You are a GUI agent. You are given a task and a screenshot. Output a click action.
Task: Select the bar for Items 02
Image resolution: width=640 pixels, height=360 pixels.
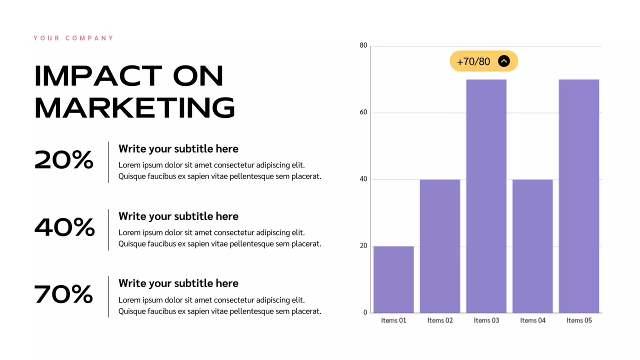(439, 246)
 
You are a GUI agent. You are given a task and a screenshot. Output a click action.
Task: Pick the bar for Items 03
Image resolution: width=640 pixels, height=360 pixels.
(486, 196)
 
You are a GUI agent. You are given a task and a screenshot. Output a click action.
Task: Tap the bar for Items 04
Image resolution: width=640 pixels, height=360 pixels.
(532, 246)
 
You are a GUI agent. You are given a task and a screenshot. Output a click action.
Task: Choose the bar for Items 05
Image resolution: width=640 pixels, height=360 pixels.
(578, 196)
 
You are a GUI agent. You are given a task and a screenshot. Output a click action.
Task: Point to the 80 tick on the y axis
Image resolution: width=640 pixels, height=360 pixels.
(363, 45)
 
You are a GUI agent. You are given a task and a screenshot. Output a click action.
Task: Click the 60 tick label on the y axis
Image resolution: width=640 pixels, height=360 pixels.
(363, 112)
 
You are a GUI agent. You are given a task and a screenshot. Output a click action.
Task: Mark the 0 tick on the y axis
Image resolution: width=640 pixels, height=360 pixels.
(365, 312)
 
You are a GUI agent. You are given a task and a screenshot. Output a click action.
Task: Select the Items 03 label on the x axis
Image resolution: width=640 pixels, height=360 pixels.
(486, 320)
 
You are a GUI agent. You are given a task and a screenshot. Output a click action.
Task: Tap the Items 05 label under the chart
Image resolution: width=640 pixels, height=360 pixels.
(578, 320)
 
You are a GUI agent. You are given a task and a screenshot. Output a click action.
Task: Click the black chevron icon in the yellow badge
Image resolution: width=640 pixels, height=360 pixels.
(504, 61)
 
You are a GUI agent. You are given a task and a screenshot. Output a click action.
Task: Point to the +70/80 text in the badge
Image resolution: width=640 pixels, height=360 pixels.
(473, 61)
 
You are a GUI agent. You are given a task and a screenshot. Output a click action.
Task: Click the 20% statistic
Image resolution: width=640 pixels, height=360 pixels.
(64, 160)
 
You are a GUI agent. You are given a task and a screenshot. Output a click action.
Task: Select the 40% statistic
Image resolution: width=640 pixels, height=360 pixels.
(64, 227)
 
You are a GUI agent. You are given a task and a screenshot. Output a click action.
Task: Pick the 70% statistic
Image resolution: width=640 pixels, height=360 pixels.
(63, 294)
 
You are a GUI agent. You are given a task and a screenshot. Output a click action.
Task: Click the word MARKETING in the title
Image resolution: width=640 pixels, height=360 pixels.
(134, 108)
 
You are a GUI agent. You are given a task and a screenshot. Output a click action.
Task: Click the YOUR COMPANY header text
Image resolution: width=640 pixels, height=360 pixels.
(73, 38)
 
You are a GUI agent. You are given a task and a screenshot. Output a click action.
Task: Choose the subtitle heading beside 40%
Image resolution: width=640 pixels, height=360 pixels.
(178, 216)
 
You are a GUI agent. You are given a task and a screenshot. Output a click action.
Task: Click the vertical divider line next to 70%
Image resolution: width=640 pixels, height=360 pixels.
(108, 296)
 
